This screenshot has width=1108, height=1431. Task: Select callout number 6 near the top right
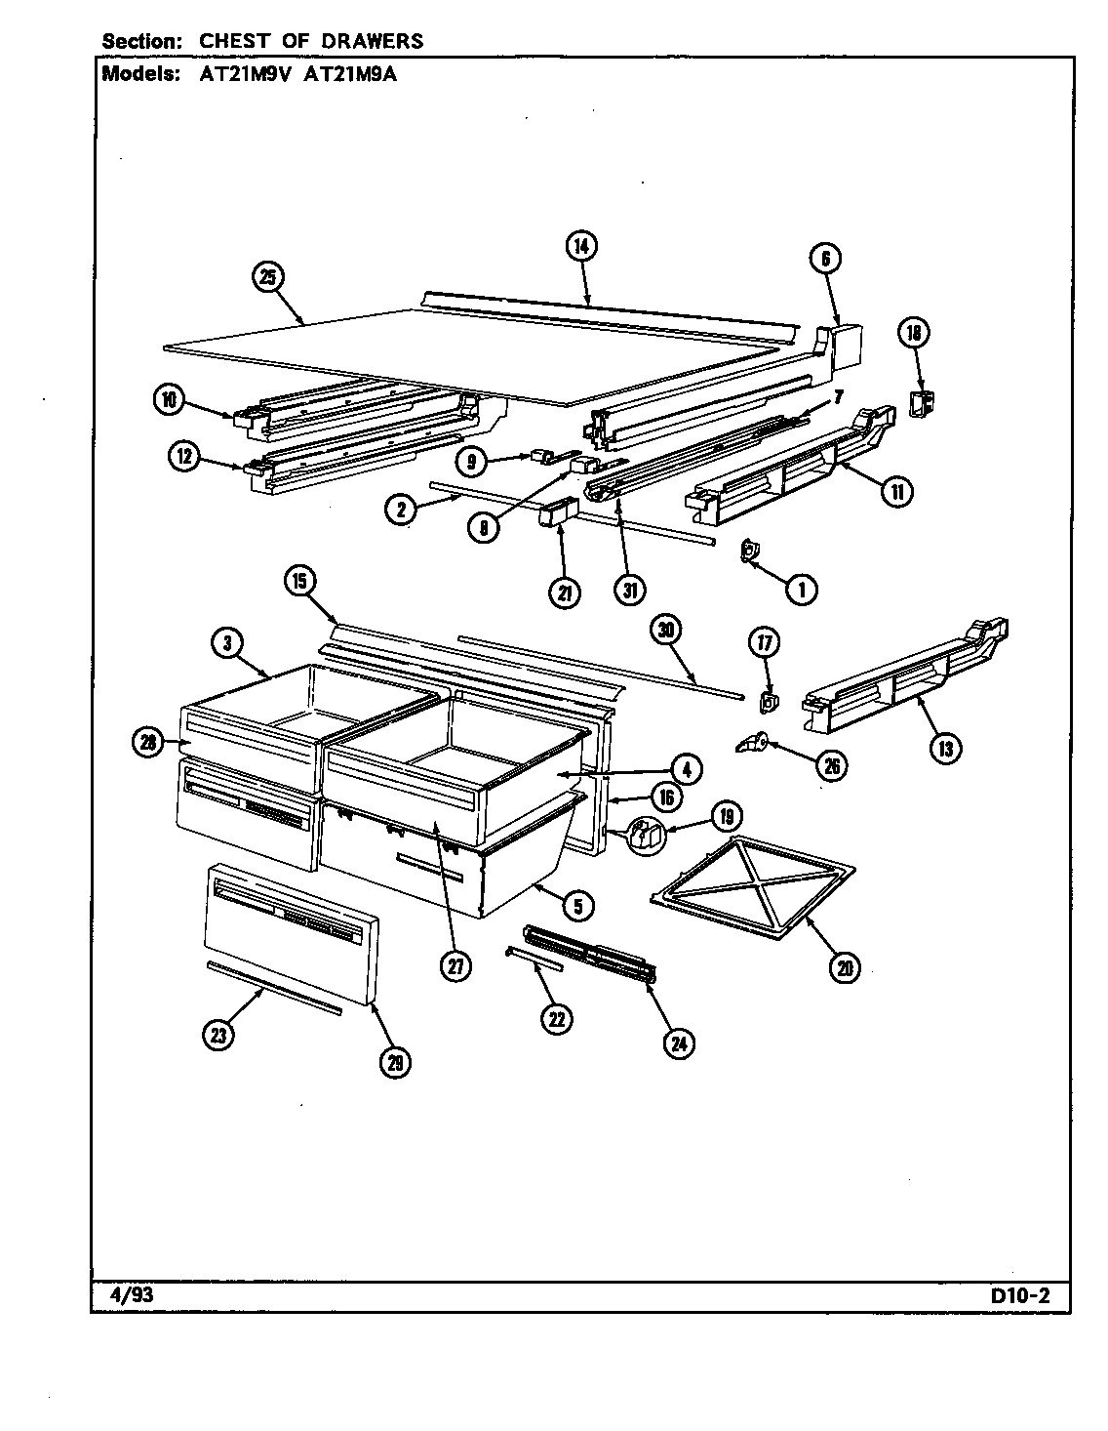(824, 259)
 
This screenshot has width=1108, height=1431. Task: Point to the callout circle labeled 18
(914, 333)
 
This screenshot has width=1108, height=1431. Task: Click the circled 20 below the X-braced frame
(845, 967)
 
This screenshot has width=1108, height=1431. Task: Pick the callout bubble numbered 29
(394, 1061)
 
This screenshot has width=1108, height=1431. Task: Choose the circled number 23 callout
(218, 1035)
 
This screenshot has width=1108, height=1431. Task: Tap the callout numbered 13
(944, 749)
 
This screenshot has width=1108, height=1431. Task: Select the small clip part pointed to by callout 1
(747, 553)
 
